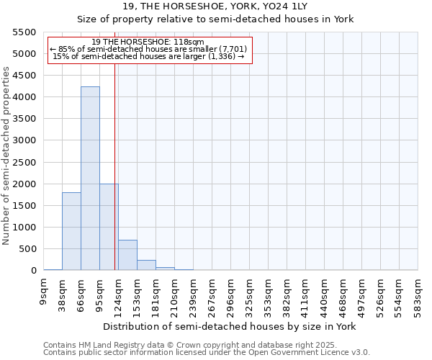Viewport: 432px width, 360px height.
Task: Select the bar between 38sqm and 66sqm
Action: [71, 231]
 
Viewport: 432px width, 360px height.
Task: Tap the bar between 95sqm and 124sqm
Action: [109, 227]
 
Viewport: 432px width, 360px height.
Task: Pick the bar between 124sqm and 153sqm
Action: [127, 255]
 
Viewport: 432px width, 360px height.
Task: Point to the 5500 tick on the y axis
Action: [24, 32]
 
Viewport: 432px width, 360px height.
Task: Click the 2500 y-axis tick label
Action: [24, 162]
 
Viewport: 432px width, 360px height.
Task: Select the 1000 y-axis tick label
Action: [24, 228]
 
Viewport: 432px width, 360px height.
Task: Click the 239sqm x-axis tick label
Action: [194, 293]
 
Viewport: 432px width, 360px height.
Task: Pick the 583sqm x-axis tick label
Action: [418, 293]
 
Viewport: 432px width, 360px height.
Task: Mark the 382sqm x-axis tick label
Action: [287, 293]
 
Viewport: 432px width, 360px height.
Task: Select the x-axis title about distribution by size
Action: [230, 326]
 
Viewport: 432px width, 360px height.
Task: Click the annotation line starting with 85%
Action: [148, 50]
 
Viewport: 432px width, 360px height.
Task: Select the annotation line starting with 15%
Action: [148, 57]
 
